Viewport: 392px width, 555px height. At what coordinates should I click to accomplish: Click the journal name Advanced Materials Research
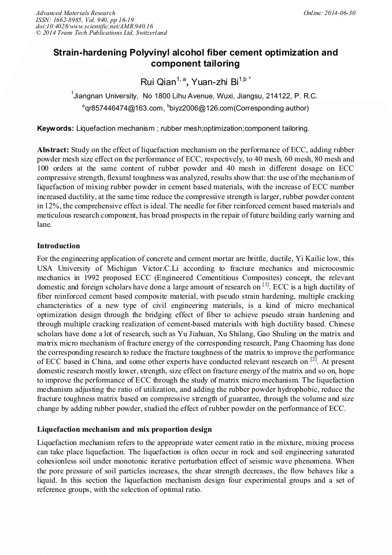point(76,13)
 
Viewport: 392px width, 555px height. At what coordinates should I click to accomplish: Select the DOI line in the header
point(94,27)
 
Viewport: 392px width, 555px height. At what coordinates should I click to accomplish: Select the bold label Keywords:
point(56,128)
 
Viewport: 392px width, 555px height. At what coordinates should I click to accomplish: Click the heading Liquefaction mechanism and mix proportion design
point(124,429)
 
